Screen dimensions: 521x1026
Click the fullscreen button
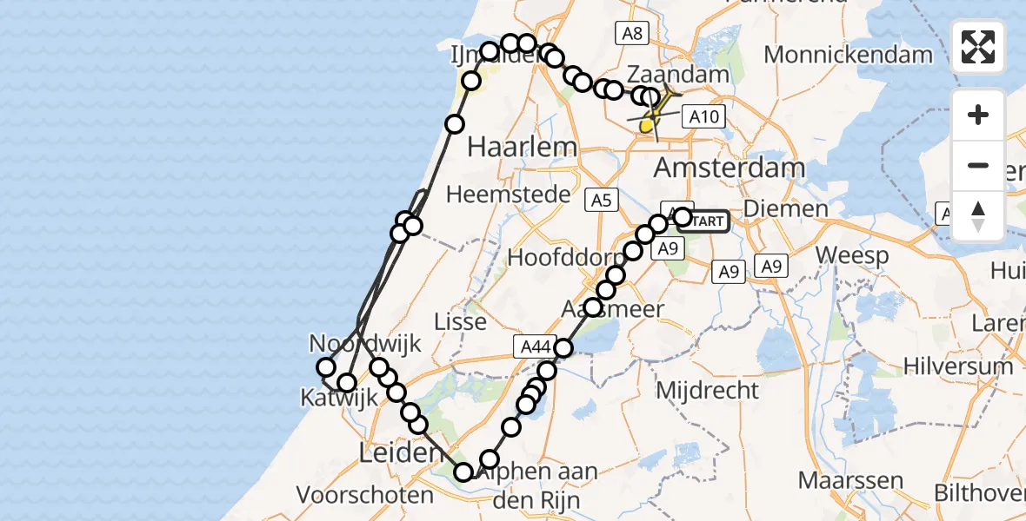pos(978,47)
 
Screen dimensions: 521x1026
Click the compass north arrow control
pos(978,216)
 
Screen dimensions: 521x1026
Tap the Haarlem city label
pos(510,147)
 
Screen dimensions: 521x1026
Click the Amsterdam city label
pos(717,167)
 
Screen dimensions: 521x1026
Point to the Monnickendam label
pos(848,55)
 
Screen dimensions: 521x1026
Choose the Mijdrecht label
pos(707,390)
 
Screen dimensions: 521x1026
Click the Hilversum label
pos(958,366)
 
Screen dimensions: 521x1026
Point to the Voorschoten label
pos(365,496)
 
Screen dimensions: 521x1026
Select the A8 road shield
pos(632,34)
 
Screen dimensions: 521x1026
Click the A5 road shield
pos(601,201)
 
